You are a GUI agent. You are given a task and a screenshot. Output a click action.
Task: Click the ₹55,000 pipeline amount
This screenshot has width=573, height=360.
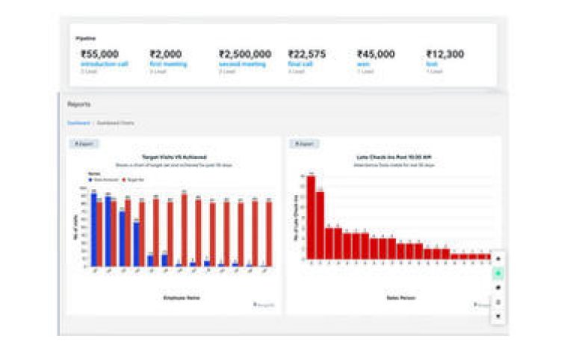(99, 54)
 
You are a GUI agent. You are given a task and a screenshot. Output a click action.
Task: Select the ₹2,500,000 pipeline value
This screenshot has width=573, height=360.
(245, 54)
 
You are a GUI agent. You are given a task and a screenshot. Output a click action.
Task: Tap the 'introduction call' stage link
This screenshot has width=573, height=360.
(105, 64)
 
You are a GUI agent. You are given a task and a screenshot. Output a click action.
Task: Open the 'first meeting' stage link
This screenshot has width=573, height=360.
(168, 64)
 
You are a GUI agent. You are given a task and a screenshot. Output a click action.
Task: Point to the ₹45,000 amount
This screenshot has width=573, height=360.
(376, 54)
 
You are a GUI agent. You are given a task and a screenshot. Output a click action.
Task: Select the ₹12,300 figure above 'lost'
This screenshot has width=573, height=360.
(445, 54)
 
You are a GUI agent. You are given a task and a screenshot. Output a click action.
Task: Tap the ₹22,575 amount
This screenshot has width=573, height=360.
(306, 54)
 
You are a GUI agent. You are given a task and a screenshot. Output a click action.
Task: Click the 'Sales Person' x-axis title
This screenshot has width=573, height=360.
(396, 297)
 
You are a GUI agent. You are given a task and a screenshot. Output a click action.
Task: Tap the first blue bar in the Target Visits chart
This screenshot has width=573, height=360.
(94, 229)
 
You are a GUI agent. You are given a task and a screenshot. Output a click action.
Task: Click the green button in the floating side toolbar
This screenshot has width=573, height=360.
(498, 273)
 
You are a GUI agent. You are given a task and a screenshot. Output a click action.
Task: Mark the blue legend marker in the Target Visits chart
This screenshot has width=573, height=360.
(90, 180)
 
